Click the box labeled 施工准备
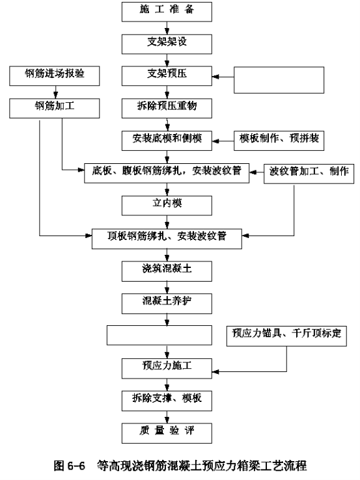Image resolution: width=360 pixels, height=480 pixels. (167, 12)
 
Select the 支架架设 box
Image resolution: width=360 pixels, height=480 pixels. (167, 44)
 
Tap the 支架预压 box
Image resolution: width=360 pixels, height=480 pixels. (167, 76)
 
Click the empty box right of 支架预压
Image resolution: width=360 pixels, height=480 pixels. (279, 80)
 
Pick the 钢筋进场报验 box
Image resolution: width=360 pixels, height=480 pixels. (55, 75)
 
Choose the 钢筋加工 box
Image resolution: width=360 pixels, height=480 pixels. (55, 108)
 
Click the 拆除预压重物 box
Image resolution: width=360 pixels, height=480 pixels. (167, 108)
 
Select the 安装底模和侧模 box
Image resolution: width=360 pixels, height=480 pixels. (167, 141)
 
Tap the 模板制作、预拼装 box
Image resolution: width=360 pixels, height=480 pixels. (279, 141)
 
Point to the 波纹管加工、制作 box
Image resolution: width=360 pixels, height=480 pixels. (309, 174)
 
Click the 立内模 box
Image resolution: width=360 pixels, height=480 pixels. (167, 206)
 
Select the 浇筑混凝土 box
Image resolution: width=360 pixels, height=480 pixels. (167, 271)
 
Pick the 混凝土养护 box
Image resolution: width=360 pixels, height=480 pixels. (167, 304)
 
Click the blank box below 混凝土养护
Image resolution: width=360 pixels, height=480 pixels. (159, 335)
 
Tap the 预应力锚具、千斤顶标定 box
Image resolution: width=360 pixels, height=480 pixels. (286, 336)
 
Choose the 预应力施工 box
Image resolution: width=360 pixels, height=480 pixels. (167, 369)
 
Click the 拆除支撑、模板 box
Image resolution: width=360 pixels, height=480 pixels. (167, 401)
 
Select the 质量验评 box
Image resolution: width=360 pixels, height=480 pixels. (167, 433)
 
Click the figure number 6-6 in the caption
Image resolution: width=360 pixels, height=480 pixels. (76, 466)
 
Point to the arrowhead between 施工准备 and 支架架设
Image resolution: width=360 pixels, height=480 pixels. (167, 31)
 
